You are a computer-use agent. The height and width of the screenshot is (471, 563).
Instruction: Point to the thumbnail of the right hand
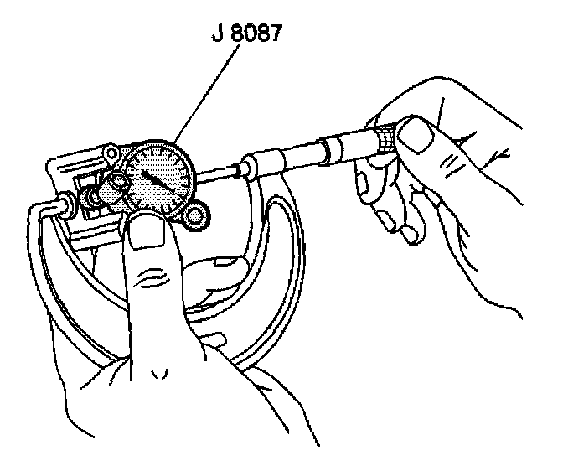[x=416, y=137]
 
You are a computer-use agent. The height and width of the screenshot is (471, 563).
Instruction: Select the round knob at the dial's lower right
[x=198, y=217]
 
